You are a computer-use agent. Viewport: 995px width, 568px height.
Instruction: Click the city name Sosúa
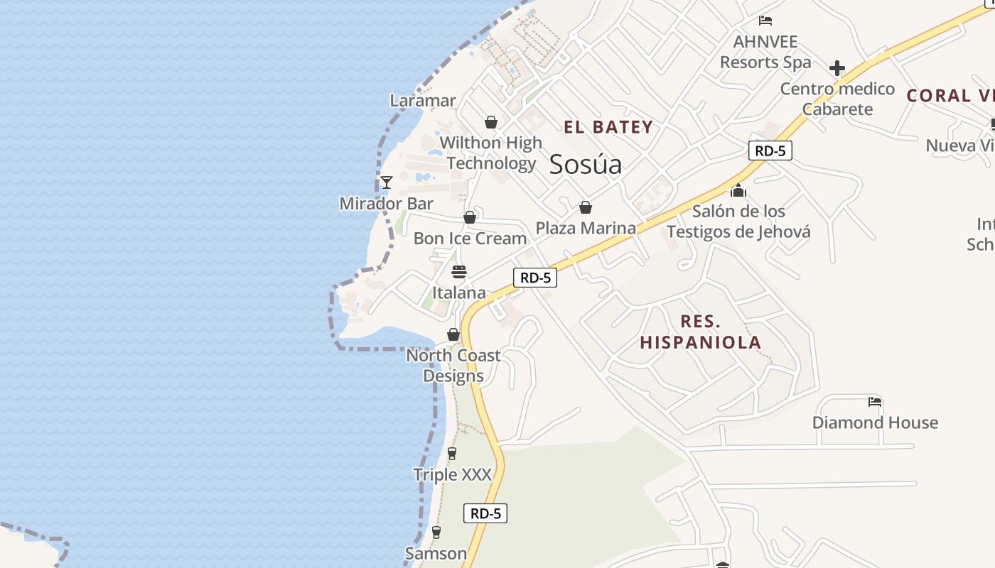(x=586, y=164)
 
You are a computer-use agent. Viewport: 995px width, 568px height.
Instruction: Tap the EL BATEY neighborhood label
(x=608, y=128)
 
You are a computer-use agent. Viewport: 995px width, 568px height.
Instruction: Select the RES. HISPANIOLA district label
(x=700, y=332)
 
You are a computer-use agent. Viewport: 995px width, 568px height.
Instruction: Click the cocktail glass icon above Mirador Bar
(x=386, y=182)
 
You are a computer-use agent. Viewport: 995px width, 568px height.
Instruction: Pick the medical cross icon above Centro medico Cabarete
(x=837, y=68)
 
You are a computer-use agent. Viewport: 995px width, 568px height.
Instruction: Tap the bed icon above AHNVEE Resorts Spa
(x=765, y=21)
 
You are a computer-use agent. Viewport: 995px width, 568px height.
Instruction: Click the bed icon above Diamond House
(x=875, y=402)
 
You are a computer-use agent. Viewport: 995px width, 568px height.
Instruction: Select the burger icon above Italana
(x=459, y=272)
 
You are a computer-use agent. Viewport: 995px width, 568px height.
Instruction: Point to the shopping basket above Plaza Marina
(x=586, y=207)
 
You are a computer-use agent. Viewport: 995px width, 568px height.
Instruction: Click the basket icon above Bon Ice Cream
(x=470, y=217)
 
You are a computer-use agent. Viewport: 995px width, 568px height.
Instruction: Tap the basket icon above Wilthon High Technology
(x=490, y=122)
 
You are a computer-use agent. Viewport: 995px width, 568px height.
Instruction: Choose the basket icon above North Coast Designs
(x=453, y=334)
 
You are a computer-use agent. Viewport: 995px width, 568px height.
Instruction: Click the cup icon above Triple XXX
(x=452, y=454)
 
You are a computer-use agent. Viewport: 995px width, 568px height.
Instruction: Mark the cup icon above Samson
(x=436, y=532)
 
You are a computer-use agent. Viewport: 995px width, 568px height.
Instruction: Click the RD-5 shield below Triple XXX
(x=485, y=513)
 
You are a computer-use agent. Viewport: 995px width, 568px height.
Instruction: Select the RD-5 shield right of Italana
(x=535, y=278)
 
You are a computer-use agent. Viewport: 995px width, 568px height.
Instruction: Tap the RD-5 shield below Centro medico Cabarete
(x=770, y=151)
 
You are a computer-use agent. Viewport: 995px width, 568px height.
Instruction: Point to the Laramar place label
(x=423, y=101)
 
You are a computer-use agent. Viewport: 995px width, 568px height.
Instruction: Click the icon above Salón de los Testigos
(x=738, y=190)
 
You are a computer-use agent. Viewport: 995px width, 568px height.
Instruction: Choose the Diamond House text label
(x=875, y=422)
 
